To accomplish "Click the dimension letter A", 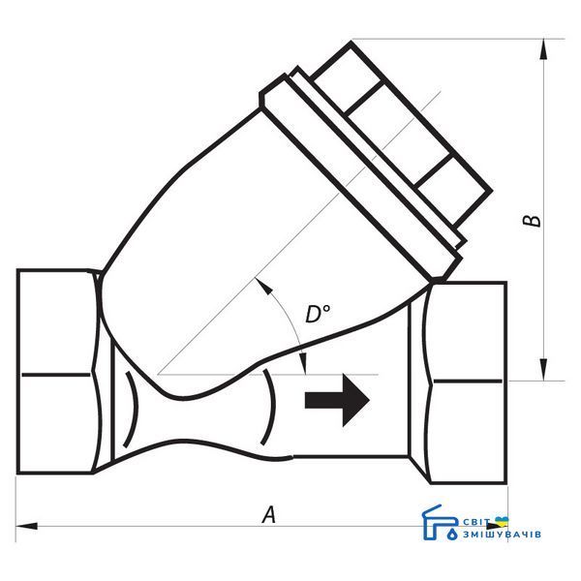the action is [x=269, y=514].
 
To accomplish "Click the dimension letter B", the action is [x=532, y=221].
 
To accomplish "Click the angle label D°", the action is [x=318, y=314].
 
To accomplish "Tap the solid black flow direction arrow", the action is [x=337, y=400].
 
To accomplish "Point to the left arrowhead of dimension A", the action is [x=26, y=526].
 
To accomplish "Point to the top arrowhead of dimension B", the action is [x=543, y=49].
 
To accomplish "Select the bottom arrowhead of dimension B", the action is [x=543, y=370].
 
